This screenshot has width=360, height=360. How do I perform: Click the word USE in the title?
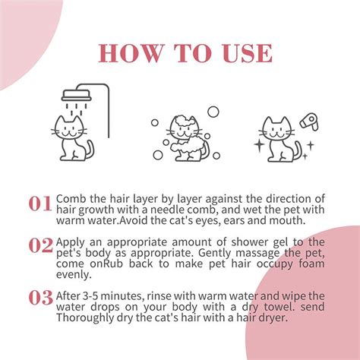(245, 52)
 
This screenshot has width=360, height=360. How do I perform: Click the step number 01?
(40, 204)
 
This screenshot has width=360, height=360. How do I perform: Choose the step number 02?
(40, 245)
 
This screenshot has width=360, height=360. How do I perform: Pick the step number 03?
(40, 297)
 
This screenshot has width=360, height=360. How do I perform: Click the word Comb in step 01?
(71, 198)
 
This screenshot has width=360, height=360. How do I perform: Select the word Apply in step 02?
(71, 239)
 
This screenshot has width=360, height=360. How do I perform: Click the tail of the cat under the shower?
(90, 149)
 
